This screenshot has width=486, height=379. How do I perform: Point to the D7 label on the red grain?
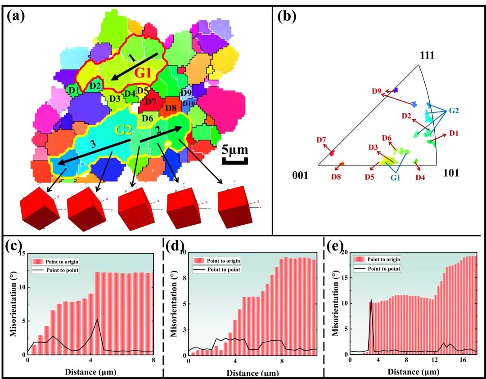150,102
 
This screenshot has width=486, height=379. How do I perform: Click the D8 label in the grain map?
171,108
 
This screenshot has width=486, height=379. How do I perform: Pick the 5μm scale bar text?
235,149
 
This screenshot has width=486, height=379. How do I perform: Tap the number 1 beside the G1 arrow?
130,58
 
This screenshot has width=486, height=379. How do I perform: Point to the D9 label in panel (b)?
377,91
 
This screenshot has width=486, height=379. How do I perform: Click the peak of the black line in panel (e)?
371,299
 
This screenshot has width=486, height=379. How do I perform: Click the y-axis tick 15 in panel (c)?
22,254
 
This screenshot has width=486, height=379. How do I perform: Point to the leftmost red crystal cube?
39,207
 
